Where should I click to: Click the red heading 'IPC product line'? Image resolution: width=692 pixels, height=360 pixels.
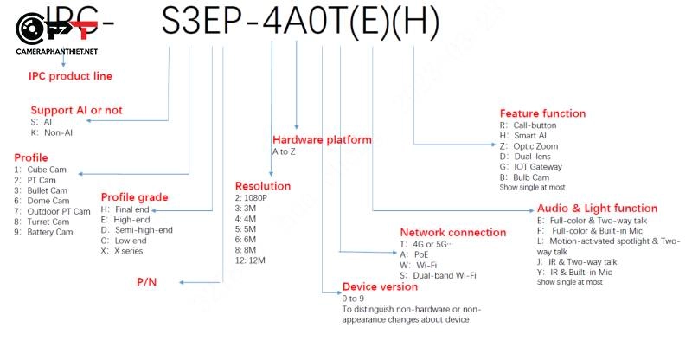pyautogui.click(x=70, y=76)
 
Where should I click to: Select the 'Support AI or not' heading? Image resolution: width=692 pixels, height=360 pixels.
pyautogui.click(x=76, y=110)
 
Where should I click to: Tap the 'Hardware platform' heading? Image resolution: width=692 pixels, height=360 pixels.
pyautogui.click(x=322, y=139)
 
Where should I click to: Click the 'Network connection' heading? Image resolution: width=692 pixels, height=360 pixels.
pyautogui.click(x=452, y=232)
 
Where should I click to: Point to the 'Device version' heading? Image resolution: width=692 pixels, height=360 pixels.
pyautogui.click(x=380, y=286)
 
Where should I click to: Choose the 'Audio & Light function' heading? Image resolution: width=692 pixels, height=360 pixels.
pyautogui.click(x=597, y=208)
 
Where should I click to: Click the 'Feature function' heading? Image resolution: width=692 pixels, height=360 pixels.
pyautogui.click(x=542, y=113)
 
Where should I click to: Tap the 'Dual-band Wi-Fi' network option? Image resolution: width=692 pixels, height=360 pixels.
pyautogui.click(x=445, y=275)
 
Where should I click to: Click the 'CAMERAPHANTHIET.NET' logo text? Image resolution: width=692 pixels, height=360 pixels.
pyautogui.click(x=56, y=52)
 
